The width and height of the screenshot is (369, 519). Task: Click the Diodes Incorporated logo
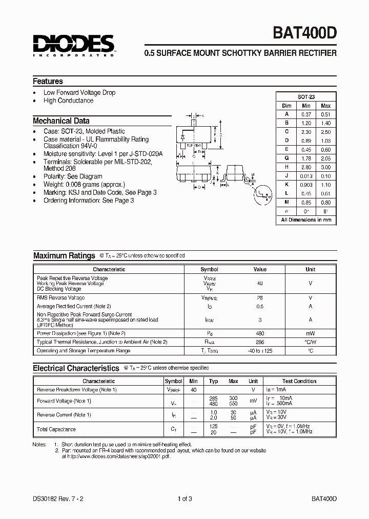[74, 45]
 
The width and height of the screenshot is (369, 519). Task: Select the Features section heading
[48, 82]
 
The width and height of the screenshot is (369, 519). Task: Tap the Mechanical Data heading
[61, 121]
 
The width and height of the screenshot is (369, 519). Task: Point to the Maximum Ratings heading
[64, 255]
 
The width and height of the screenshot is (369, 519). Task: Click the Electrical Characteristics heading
[76, 368]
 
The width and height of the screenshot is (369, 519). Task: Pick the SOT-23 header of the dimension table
[306, 96]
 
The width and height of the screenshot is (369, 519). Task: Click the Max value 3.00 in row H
[325, 167]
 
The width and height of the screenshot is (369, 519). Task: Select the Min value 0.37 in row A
[306, 114]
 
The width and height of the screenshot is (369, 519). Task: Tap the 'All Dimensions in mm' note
[306, 219]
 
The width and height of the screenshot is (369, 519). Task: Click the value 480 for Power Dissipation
[260, 333]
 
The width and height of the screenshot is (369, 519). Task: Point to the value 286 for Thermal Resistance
[260, 342]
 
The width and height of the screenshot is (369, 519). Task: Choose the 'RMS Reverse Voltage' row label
[60, 297]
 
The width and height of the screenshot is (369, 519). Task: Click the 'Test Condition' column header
[299, 381]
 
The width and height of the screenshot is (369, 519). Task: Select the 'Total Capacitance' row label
[56, 429]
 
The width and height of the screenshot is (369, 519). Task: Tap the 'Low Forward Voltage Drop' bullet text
[79, 92]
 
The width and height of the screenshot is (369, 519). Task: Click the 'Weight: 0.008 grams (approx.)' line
[84, 184]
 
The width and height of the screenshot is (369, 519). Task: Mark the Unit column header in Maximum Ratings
[311, 269]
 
